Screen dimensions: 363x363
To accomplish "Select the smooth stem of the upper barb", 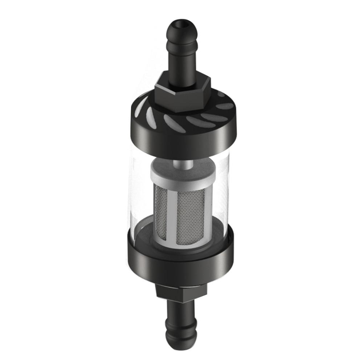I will click(x=181, y=65).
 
